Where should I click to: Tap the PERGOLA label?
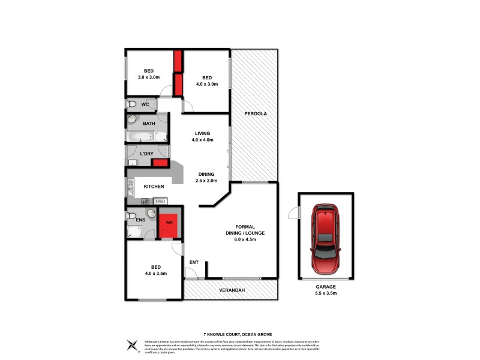tap(255, 113)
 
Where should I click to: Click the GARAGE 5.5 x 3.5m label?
tap(326, 290)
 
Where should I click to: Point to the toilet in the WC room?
tap(132, 104)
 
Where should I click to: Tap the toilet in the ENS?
tap(132, 215)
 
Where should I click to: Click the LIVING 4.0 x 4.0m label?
tap(203, 137)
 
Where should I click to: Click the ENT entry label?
tap(194, 262)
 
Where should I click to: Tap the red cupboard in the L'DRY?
tap(160, 163)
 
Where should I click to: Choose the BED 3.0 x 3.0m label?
tap(148, 74)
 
